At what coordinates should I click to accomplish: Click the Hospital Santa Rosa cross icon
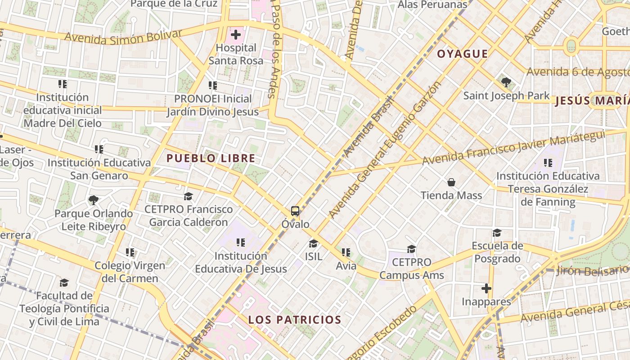[x=236, y=35]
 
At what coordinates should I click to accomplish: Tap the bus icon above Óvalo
[x=295, y=211]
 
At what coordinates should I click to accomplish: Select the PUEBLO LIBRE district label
[x=211, y=158]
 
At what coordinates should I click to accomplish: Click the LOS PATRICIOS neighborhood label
[x=295, y=320]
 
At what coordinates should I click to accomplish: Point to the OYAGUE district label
[x=463, y=54]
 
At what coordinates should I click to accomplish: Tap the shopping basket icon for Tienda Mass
[x=451, y=182]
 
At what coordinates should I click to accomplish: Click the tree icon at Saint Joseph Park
[x=506, y=82]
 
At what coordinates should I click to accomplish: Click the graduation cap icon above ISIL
[x=313, y=243]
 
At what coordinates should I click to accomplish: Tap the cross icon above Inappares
[x=486, y=288]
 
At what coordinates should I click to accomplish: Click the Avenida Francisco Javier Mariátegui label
[x=513, y=148]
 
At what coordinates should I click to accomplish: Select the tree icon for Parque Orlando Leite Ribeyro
[x=94, y=200]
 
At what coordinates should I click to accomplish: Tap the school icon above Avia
[x=346, y=253]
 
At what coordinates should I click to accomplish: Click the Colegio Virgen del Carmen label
[x=130, y=272]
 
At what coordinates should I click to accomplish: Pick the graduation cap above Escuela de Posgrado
[x=497, y=233]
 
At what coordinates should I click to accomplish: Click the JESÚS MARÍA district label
[x=592, y=101]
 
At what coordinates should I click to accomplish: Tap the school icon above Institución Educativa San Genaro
[x=99, y=149]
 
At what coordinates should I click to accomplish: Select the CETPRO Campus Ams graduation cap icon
[x=411, y=249]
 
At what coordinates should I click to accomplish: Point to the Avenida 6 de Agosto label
[x=578, y=72]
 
